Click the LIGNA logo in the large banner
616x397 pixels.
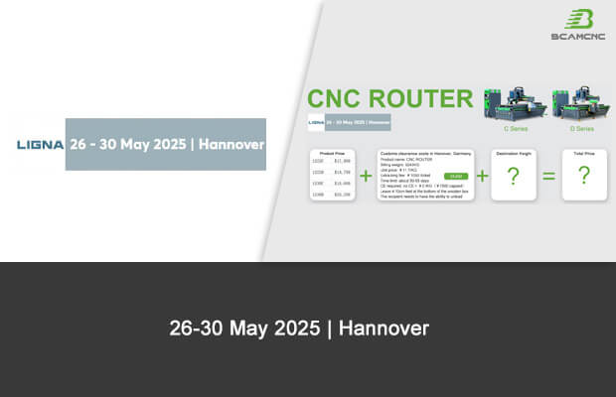(x=40, y=145)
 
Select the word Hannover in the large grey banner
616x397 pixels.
(x=231, y=144)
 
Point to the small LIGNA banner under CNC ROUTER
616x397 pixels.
(x=349, y=123)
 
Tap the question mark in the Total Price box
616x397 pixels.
(x=583, y=177)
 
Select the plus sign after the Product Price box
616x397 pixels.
(x=365, y=176)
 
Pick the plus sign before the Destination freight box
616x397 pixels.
(x=482, y=176)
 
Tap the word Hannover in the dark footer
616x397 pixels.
(x=384, y=328)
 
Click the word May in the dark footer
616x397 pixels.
(x=253, y=328)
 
